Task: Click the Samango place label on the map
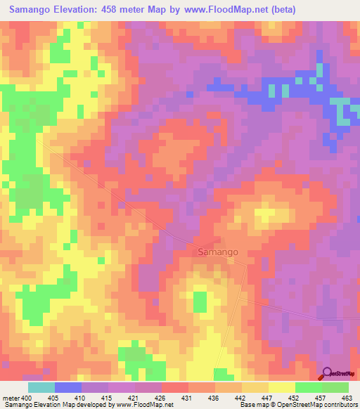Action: [217, 251]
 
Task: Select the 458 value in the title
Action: [125, 10]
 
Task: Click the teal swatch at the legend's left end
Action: [41, 387]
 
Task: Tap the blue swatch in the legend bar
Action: [68, 387]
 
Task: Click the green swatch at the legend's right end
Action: [335, 387]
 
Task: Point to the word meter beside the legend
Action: [11, 398]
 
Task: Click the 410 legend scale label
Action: [82, 398]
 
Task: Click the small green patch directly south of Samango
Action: [200, 302]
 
